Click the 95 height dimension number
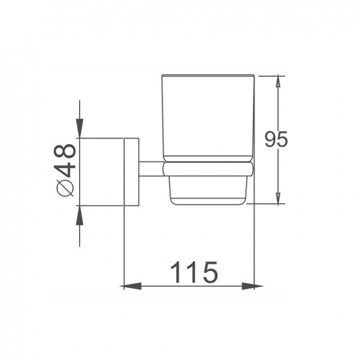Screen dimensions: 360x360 coord(276,139)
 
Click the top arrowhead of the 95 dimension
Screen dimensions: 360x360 coord(279,81)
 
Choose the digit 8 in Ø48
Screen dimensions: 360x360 coord(65,154)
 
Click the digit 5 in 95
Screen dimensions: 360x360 coord(283,139)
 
